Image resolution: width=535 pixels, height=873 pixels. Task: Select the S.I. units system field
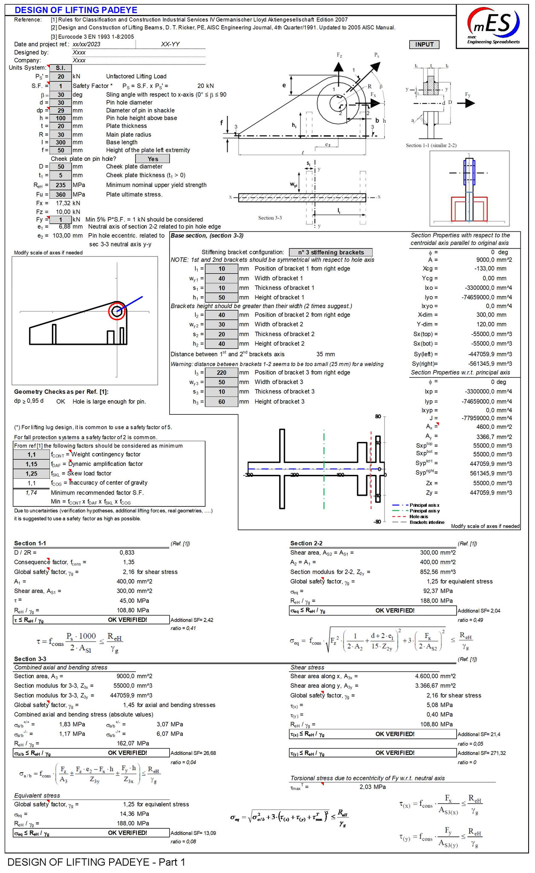[61, 68]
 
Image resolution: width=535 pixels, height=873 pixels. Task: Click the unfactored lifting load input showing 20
[61, 76]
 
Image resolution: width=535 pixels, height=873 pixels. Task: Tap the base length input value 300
[61, 142]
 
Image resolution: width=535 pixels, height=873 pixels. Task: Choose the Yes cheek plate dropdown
[153, 159]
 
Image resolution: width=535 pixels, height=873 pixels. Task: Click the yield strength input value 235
[61, 185]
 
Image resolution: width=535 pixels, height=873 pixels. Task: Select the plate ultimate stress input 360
[61, 194]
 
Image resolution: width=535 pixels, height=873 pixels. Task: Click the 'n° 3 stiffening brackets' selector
[330, 252]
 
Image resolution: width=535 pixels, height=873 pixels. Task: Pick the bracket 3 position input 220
[221, 373]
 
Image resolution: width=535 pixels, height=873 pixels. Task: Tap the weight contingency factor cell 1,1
[31, 455]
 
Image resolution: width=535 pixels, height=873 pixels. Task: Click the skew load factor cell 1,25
[31, 474]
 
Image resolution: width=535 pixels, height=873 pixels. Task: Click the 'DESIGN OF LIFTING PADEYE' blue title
[76, 10]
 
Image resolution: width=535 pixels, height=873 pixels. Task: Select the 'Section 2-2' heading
[306, 543]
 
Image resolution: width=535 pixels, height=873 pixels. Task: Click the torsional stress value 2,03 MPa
[373, 787]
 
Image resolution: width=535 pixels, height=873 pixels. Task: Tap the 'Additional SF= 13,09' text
[193, 833]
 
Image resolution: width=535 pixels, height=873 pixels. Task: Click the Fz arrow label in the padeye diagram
[339, 55]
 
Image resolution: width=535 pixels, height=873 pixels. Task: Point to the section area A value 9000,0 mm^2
[494, 260]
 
